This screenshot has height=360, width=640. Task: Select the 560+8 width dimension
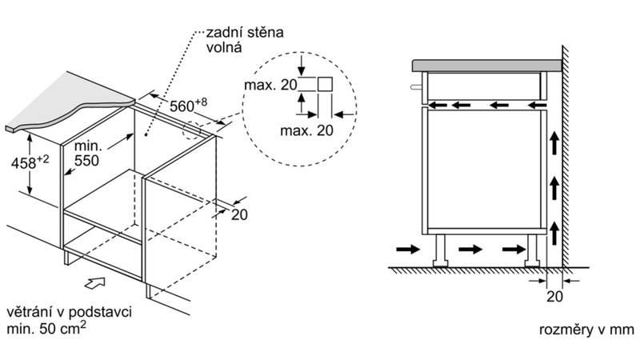189,105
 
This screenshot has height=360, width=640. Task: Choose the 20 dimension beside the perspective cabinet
238,214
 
